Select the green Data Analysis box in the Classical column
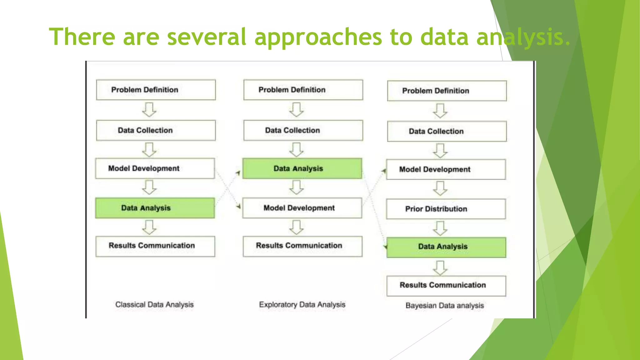[155, 208]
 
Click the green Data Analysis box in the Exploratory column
[302, 168]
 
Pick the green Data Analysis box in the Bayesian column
[446, 247]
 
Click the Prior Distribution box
[446, 209]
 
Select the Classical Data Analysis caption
[154, 304]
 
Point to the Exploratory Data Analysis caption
[302, 304]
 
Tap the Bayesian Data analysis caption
[445, 305]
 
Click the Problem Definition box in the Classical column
[156, 90]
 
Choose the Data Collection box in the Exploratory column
[303, 130]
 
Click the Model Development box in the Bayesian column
[446, 169]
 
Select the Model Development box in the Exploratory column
[302, 208]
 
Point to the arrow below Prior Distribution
[440, 228]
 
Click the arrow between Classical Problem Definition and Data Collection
[149, 110]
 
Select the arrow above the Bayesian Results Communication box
[440, 268]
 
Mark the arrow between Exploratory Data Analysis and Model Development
[296, 187]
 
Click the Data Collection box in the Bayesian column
[447, 131]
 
